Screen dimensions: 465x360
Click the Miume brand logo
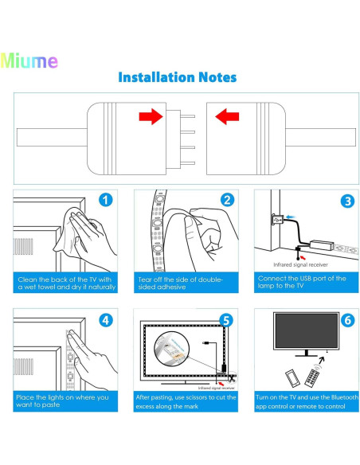pos(29,61)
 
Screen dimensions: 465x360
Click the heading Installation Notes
pos(177,77)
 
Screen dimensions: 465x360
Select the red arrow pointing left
pos(228,119)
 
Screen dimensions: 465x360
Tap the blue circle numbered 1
pos(106,201)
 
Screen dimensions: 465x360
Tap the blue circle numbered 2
pos(226,201)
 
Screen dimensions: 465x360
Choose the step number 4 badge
pos(106,321)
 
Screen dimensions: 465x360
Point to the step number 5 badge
pos(226,321)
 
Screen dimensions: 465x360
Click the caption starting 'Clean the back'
pos(65,283)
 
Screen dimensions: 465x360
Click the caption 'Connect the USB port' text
pos(302,283)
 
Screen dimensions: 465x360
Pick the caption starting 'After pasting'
pos(185,400)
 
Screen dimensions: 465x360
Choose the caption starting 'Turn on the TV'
pos(302,400)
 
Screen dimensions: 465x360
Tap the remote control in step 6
pos(313,377)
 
